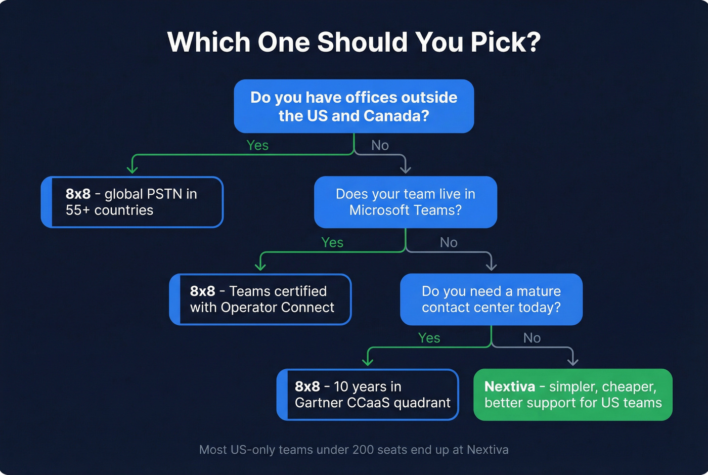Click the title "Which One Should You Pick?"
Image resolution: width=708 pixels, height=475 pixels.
pos(354,42)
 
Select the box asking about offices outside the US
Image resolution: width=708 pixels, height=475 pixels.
pos(354,106)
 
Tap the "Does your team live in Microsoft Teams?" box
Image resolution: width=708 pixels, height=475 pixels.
pos(405,202)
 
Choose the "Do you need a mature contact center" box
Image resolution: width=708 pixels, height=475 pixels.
pos(491,299)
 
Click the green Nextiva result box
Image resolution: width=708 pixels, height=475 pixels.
pos(572,395)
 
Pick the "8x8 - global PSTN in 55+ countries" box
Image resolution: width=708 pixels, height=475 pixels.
pos(132,202)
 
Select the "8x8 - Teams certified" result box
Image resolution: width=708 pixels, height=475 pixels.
pos(260,299)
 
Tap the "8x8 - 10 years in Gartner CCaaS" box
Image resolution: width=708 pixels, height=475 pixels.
pos(368,395)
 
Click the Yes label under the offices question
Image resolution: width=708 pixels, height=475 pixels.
pos(257,145)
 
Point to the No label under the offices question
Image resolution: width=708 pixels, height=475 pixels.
pos(380,146)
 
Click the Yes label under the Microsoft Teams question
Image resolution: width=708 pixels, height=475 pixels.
pos(332,243)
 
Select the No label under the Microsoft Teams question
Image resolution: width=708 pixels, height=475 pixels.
pos(449,243)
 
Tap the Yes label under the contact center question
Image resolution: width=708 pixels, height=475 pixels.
pos(429,338)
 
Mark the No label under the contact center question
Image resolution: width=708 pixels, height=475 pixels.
pos(532,338)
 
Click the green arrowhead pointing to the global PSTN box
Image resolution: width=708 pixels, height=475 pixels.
pos(132,168)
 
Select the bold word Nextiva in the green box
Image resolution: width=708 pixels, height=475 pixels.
pos(510,386)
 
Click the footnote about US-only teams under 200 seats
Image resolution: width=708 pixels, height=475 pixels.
pos(354,450)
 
